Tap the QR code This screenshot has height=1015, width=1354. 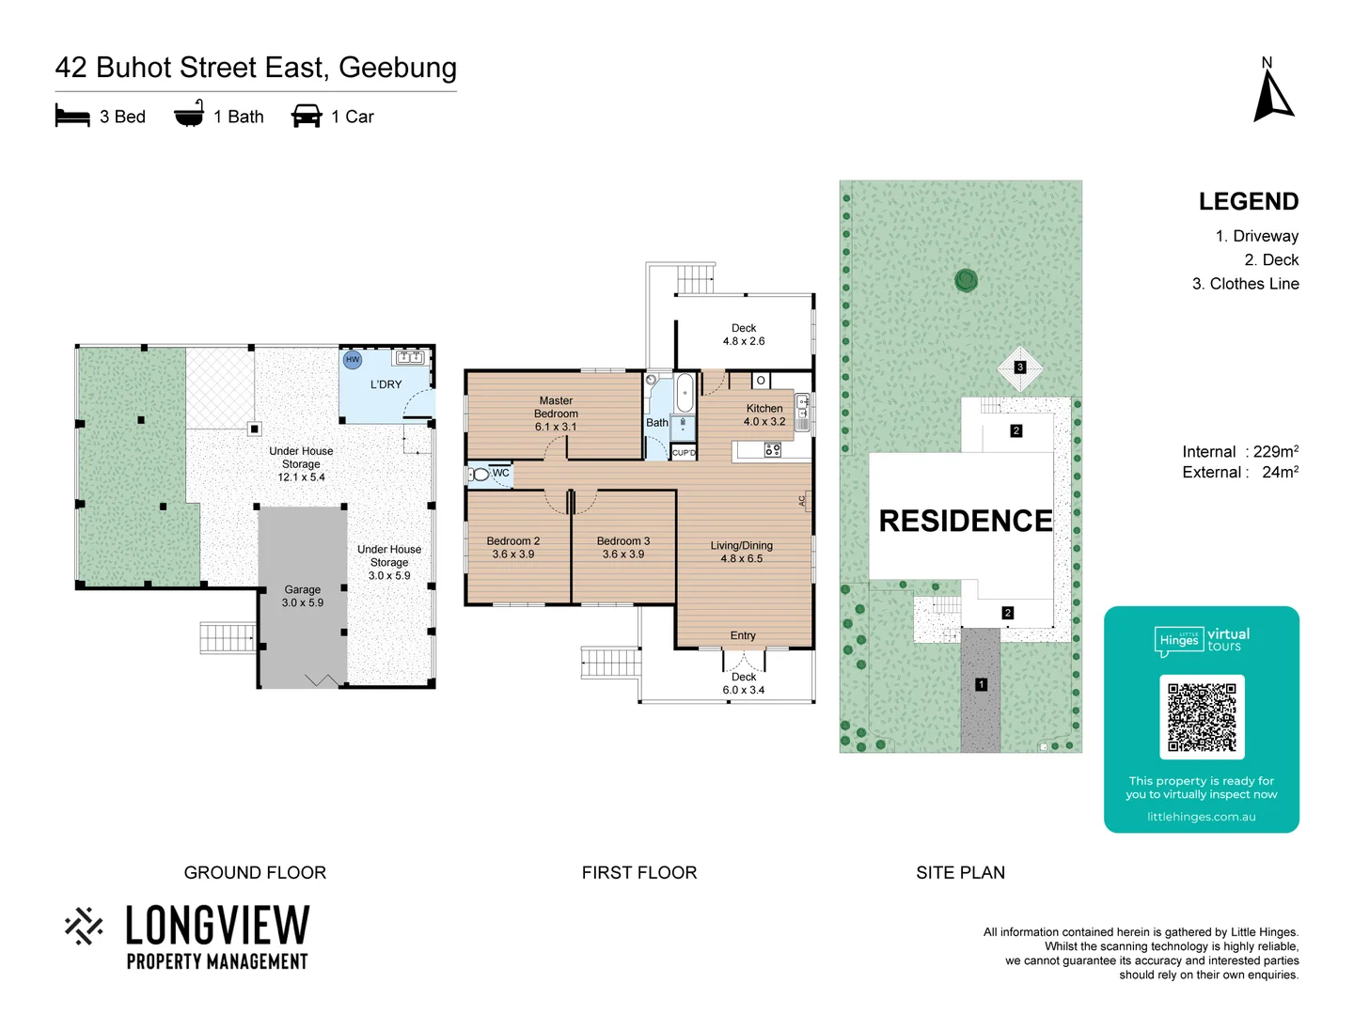1202,717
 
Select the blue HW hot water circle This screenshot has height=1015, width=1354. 353,360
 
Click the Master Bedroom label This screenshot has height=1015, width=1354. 556,414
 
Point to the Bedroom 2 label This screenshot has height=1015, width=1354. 512,547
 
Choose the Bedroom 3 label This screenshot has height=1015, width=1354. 622,547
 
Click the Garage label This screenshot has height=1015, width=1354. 302,596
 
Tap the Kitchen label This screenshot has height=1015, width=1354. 764,414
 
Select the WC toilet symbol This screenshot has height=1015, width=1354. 480,474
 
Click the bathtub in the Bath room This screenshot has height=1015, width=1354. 685,392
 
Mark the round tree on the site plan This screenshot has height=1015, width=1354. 966,279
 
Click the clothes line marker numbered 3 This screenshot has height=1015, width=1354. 1020,367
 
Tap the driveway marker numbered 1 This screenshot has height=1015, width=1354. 981,684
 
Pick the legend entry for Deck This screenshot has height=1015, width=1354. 1271,260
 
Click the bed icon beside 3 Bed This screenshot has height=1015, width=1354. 72,117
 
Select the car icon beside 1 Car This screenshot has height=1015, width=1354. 307,117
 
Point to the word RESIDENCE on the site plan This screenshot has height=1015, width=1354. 965,521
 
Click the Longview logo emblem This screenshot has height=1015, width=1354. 84,926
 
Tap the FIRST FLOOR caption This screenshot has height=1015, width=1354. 639,872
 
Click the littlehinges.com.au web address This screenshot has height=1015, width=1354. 1201,817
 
